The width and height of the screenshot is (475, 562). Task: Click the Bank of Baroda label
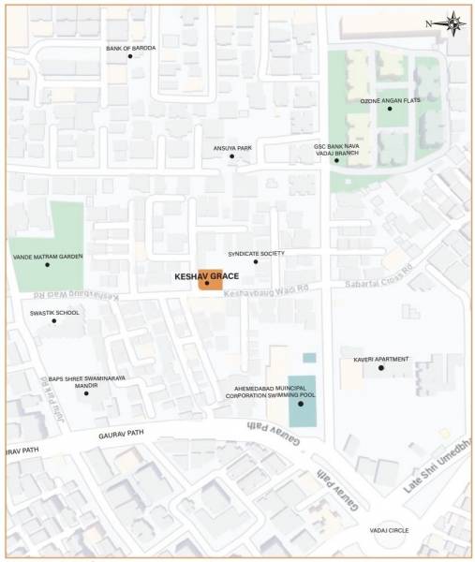click(x=130, y=47)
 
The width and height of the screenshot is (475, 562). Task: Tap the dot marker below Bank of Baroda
click(x=130, y=56)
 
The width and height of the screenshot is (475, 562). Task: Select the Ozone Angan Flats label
click(x=388, y=100)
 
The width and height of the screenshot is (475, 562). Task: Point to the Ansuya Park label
click(x=232, y=147)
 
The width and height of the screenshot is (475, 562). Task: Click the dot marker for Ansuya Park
click(x=232, y=156)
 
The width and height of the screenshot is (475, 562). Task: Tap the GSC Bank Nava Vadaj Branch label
click(x=336, y=149)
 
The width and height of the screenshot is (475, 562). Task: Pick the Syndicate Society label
click(x=256, y=253)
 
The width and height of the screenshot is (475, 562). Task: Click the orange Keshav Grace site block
click(x=210, y=281)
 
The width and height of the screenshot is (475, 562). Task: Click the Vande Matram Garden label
click(x=48, y=256)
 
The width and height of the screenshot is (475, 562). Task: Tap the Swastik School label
click(x=54, y=312)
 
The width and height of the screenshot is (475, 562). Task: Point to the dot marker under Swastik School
click(x=54, y=321)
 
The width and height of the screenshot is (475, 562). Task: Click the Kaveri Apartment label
click(x=380, y=359)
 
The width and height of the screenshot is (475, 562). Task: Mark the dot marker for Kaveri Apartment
click(x=380, y=367)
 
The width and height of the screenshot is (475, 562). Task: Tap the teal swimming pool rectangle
click(x=302, y=401)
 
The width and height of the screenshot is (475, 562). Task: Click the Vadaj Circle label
click(x=391, y=530)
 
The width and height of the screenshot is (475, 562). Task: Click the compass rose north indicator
click(x=453, y=22)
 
